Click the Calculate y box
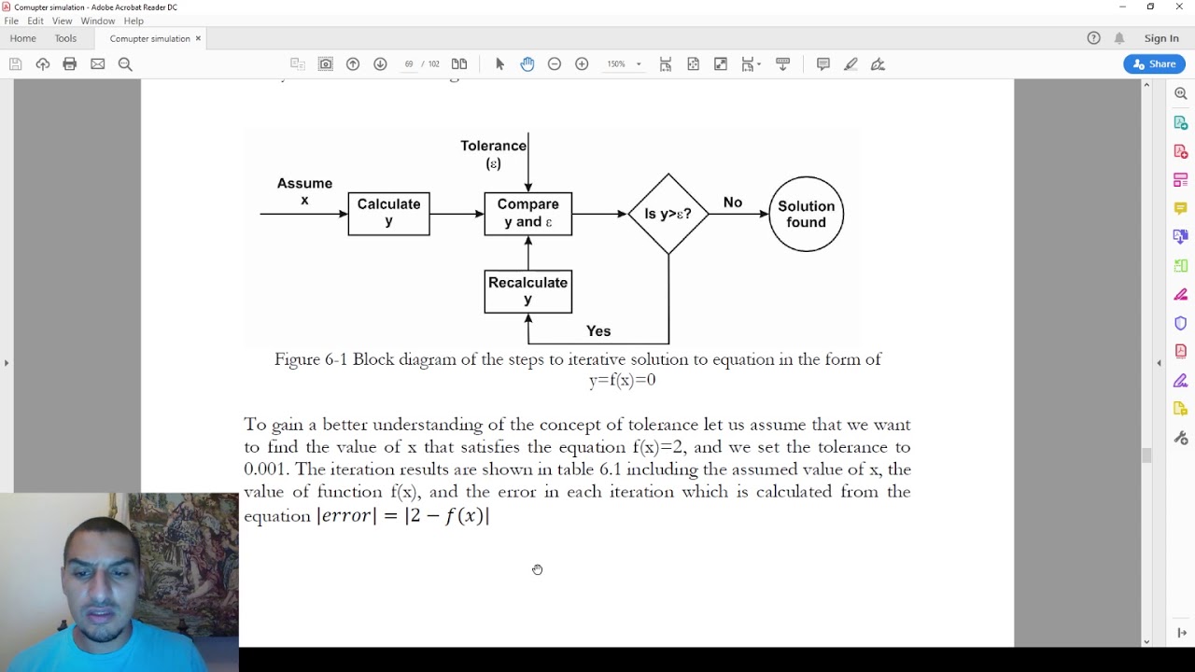click(388, 214)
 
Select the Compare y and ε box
click(527, 214)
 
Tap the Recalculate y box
click(527, 291)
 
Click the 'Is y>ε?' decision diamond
click(668, 214)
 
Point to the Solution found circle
click(806, 214)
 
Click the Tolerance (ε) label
click(493, 154)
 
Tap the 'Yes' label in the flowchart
click(598, 331)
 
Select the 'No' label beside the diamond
click(733, 203)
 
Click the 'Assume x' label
click(304, 191)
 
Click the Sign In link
click(1161, 38)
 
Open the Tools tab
click(65, 38)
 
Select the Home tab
click(22, 38)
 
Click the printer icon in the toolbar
click(69, 64)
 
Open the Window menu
click(98, 21)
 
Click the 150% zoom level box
click(617, 64)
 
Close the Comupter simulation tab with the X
click(198, 38)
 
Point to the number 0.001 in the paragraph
click(267, 469)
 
